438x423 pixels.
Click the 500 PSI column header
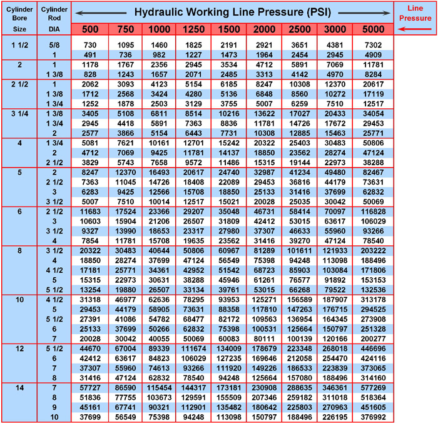tap(89, 30)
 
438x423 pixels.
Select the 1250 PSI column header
tap(194, 30)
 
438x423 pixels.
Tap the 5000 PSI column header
tap(373, 30)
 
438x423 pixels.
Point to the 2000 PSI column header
tap(264, 30)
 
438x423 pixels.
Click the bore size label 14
tap(19, 388)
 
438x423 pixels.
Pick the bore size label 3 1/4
tap(19, 114)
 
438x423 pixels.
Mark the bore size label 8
tap(19, 251)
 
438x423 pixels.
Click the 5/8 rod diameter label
tap(54, 46)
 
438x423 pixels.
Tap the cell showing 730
tap(89, 46)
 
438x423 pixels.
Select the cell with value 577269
tap(373, 388)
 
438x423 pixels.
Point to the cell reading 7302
tap(373, 46)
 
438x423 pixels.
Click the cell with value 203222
tap(373, 251)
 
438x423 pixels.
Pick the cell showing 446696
tap(373, 349)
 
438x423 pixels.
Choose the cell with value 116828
tap(373, 212)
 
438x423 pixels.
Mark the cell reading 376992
tap(373, 417)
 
